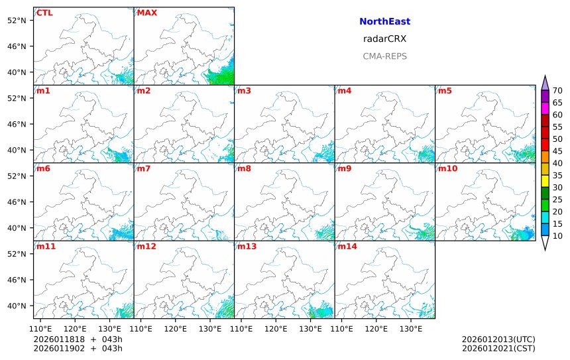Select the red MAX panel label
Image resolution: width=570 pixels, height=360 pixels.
[x=146, y=13]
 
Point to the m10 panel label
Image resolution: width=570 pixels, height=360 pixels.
[x=447, y=168]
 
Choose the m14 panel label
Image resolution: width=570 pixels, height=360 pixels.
[x=347, y=247]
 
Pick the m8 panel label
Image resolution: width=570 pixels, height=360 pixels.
[x=244, y=168]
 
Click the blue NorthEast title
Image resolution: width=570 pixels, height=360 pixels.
[x=384, y=22]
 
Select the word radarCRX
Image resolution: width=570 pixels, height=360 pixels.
[x=384, y=39]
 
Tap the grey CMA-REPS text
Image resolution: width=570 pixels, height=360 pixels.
[x=384, y=56]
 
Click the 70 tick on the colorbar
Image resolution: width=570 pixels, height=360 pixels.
[x=557, y=91]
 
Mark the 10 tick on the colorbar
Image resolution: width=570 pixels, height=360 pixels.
[x=557, y=236]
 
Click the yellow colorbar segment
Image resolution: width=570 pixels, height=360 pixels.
[x=545, y=181]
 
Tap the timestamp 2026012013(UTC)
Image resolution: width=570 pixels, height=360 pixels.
[x=498, y=339]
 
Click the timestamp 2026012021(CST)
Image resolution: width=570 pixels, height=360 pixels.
[x=498, y=348]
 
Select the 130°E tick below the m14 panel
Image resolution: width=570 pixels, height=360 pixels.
[x=411, y=328]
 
